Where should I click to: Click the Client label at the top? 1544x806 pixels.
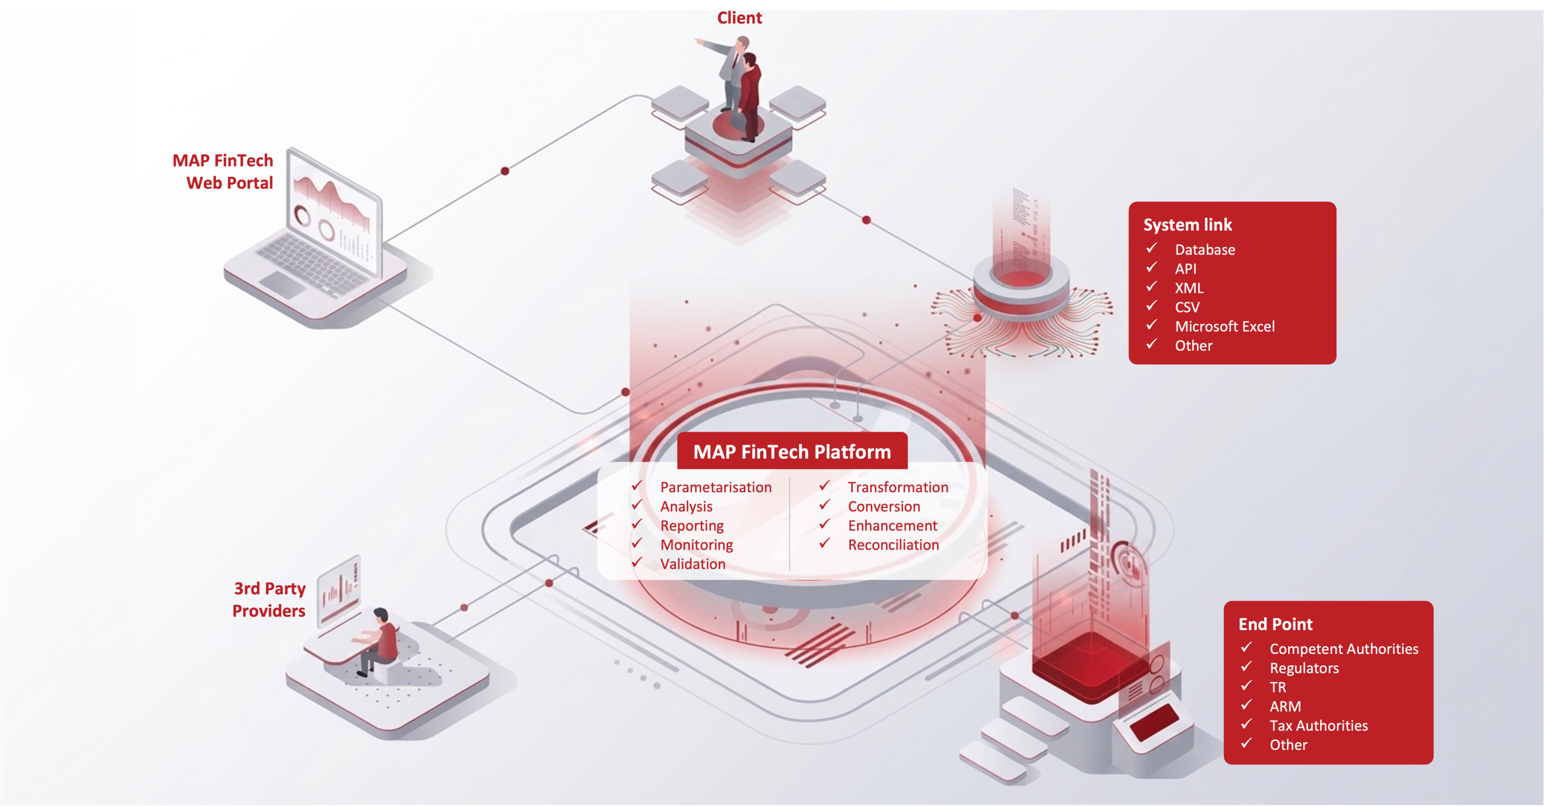coord(739,18)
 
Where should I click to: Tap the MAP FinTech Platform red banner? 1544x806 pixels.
coord(792,451)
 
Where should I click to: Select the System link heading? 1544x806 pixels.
coord(1188,224)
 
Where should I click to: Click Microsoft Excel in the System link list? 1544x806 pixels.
coord(1225,326)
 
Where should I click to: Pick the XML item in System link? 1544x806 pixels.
coord(1189,288)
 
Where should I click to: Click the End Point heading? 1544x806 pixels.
coord(1276,624)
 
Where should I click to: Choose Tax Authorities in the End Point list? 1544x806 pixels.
coord(1318,725)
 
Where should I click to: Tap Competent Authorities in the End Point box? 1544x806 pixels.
coord(1344,649)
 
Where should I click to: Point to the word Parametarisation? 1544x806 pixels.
coord(716,487)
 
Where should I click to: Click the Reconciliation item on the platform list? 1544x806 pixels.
coord(893,545)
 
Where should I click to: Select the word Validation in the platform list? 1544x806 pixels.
coord(692,564)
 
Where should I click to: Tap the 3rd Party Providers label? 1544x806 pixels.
coord(269,599)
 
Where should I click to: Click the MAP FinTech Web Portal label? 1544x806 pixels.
coord(223,171)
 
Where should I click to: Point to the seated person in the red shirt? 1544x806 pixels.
coord(377,641)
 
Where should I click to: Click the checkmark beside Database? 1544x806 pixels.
coord(1151,248)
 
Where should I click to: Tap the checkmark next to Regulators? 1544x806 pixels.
coord(1246,667)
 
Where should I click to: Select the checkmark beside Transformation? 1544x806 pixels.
coord(824,486)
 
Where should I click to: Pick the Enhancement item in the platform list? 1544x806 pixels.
coord(893,525)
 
